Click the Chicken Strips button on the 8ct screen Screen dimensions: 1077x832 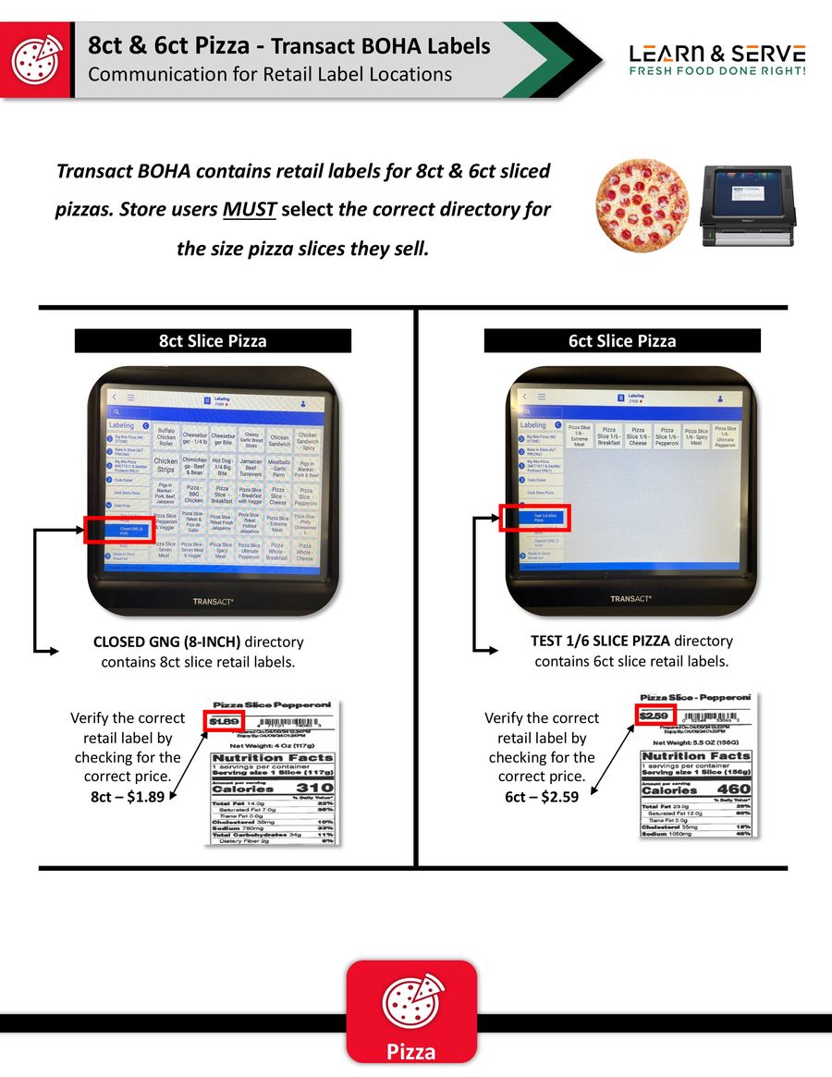coord(165,465)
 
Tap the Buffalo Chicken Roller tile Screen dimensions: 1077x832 coord(165,437)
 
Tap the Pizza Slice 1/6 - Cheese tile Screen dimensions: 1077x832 coord(638,436)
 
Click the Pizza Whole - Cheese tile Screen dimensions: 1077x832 coord(304,552)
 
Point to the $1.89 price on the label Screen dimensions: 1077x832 coord(225,721)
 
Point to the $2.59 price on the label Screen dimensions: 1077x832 coord(655,715)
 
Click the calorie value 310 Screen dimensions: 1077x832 coord(314,788)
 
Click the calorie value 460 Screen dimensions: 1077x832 coord(733,789)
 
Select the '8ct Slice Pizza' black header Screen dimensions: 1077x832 coord(213,341)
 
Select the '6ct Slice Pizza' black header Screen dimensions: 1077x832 coord(622,341)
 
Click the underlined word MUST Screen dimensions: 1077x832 coord(249,209)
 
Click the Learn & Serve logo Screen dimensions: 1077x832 coord(717,58)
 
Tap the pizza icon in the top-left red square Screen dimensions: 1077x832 coord(36,59)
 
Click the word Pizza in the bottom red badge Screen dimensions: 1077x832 coord(411,1052)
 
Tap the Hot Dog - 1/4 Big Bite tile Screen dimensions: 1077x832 coord(222,465)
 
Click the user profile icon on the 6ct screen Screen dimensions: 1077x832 coord(719,398)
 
